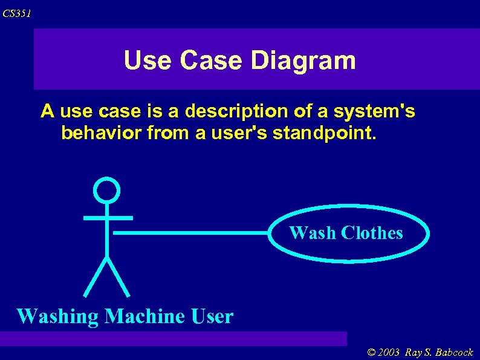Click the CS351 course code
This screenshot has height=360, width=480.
coord(16,13)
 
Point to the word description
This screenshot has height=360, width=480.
coord(239,112)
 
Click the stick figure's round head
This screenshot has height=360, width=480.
coord(107,190)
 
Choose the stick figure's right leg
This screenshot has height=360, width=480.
coord(119,277)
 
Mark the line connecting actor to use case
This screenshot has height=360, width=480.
coord(190,232)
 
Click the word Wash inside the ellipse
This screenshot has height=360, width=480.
coord(313,233)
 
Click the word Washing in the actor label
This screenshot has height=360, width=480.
coord(57,316)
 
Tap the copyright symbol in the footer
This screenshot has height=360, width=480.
coord(371,353)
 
